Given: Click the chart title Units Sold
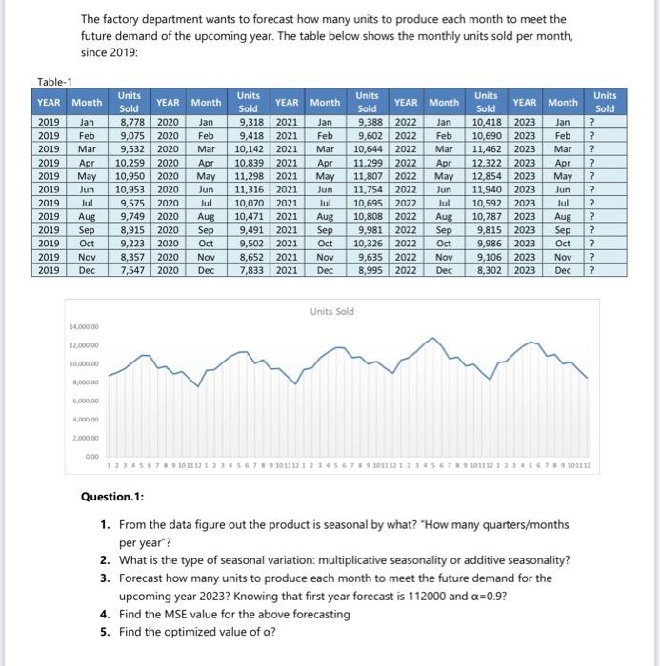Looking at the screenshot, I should [x=331, y=311].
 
